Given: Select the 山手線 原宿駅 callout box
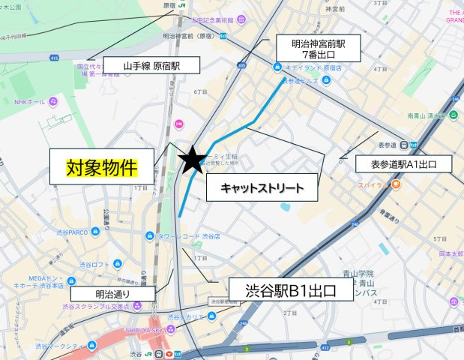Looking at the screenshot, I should point(152,66).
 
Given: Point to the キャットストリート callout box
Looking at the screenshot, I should point(262,187).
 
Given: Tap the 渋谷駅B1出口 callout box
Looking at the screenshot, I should point(290,289).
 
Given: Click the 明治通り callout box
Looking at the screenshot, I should point(113,294).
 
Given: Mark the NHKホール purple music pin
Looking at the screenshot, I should point(54,101).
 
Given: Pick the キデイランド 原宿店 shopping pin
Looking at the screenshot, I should point(278,67).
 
